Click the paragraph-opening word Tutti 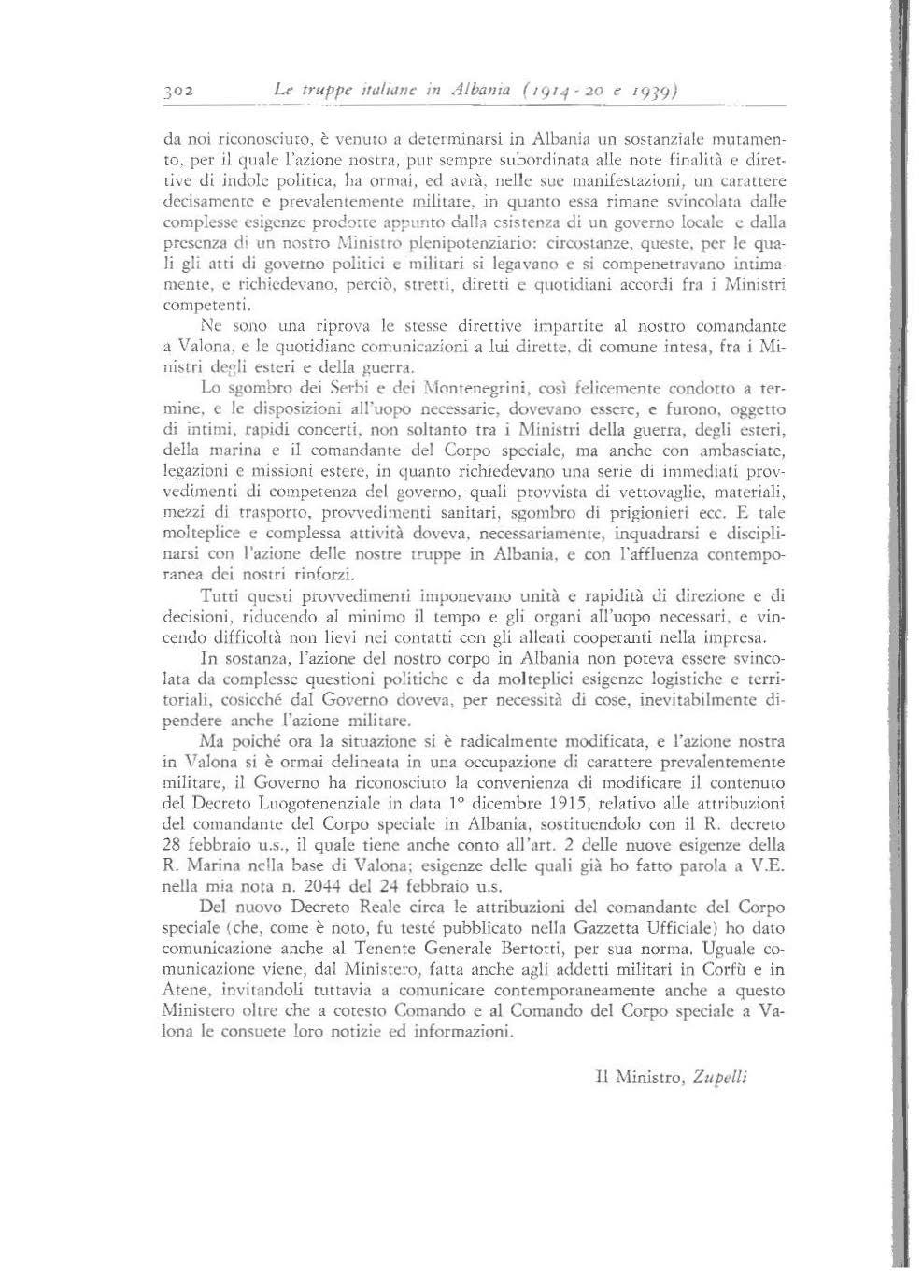pyautogui.click(x=220, y=594)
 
